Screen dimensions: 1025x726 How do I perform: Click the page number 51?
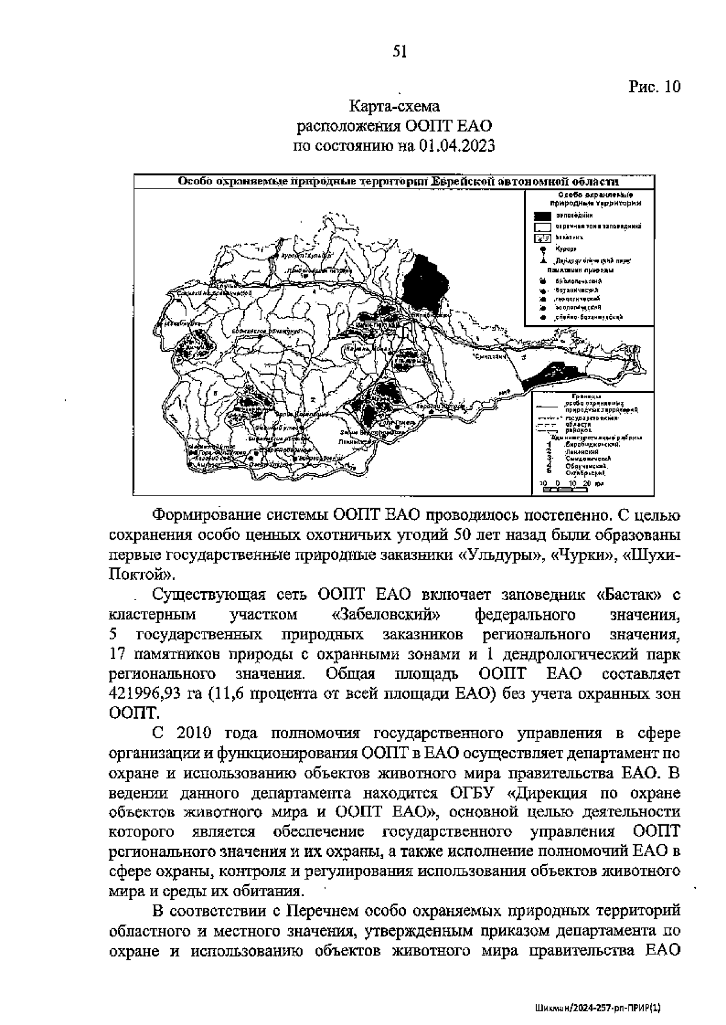point(399,52)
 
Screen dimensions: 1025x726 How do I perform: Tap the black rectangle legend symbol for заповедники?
point(542,215)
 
